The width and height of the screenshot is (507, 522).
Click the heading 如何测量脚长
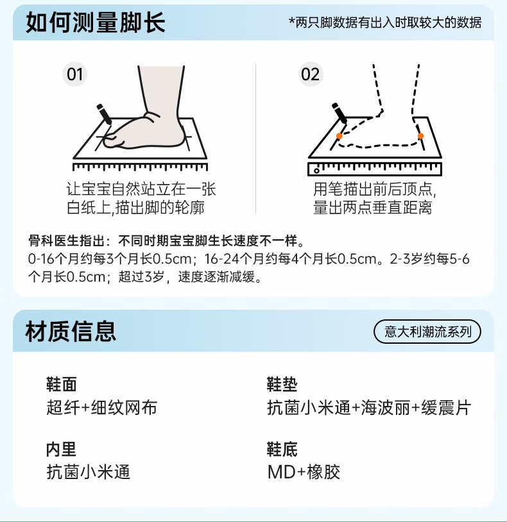[96, 23]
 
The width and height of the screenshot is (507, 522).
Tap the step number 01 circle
[76, 74]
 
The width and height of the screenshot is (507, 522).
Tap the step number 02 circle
[310, 74]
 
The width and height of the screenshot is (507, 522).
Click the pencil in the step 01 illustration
[103, 114]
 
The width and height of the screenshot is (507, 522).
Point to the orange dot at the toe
[339, 136]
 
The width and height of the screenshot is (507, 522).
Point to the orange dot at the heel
[420, 136]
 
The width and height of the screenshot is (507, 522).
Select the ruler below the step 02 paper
[375, 169]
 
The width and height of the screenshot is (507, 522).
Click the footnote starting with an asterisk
[385, 23]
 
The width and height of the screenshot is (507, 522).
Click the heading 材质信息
[71, 332]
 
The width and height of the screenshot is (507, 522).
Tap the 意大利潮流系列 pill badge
[427, 332]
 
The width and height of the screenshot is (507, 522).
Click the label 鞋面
[62, 384]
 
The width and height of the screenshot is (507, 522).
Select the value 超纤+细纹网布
[102, 408]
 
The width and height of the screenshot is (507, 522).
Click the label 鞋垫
[282, 384]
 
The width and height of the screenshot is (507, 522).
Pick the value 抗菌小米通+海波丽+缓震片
[369, 408]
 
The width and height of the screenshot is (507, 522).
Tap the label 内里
[62, 449]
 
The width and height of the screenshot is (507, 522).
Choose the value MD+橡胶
[304, 473]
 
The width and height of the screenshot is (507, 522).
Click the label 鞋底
[282, 449]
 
